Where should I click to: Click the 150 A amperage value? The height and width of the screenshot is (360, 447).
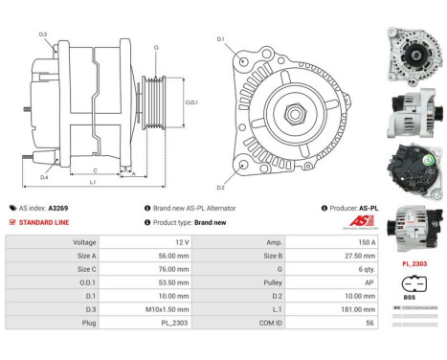[x=340, y=243]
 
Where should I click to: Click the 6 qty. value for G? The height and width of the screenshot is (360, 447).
[x=339, y=270]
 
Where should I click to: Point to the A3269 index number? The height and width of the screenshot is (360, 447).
[x=58, y=207]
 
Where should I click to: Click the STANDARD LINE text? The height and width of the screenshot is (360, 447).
[x=46, y=221]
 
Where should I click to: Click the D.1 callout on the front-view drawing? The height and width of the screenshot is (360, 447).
[x=220, y=38]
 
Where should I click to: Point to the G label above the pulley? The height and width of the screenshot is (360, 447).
[x=155, y=47]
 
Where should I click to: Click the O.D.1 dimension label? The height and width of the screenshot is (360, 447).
[x=191, y=102]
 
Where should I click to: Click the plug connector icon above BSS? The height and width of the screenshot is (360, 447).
[x=411, y=284]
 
